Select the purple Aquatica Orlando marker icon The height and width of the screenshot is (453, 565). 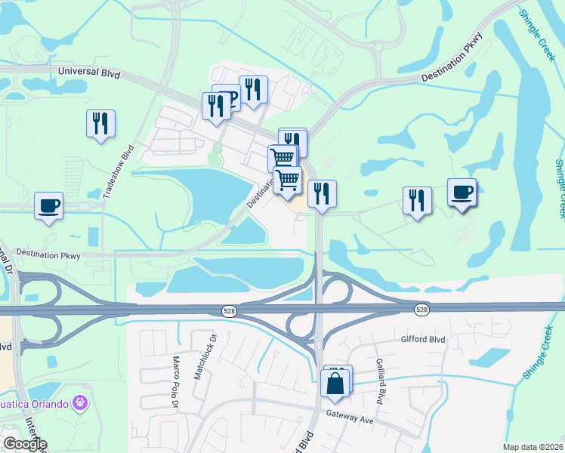(77, 402)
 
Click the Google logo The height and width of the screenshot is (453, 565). (25, 444)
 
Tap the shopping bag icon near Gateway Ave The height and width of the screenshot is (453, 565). (336, 382)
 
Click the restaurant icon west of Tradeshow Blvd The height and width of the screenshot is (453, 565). (100, 124)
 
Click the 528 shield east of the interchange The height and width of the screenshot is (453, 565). (421, 310)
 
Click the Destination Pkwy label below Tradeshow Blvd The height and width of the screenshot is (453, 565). (48, 255)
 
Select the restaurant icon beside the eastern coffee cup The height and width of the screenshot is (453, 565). (416, 201)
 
